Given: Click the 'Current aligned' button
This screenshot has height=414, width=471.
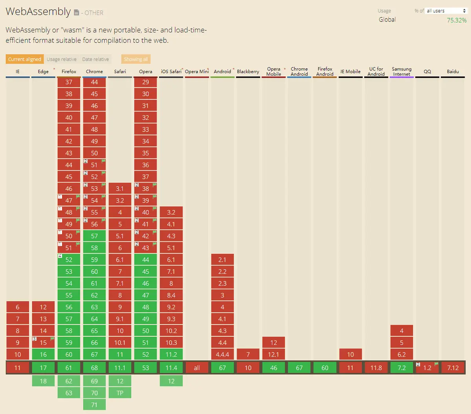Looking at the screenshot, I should pos(24,59).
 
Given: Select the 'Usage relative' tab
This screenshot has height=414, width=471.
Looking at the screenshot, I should pos(62,59).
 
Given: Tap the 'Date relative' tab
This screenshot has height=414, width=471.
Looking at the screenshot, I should pos(95,59).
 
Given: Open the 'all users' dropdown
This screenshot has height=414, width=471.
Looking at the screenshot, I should pos(446,11).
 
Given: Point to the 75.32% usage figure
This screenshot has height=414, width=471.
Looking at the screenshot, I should pos(456,20).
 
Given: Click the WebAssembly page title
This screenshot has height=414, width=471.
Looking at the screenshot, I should pos(38,12).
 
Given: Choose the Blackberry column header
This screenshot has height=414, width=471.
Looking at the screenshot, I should pos(248,71).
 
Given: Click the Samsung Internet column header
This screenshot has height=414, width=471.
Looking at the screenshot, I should pos(402,71).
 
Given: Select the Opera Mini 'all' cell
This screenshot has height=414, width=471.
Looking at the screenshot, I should pos(197,368).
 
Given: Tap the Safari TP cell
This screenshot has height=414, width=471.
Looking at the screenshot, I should pos(120,393).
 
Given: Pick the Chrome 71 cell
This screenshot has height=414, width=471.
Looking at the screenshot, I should pos(94,405).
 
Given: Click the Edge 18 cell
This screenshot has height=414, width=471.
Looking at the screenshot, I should pos(43,381).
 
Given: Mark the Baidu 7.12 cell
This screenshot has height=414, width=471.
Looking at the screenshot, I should pos(453,368).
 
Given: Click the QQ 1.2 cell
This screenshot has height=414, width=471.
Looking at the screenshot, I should pos(427,368).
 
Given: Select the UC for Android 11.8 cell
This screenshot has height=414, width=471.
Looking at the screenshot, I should pos(376,368).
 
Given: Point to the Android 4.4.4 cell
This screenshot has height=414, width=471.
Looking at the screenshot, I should pos(223,354).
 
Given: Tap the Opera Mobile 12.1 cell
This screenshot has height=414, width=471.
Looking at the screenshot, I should pos(274,354).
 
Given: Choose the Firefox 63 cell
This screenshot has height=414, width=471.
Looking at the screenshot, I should pos(69,393).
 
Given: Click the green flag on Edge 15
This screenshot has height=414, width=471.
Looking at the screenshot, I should pos(52,339).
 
